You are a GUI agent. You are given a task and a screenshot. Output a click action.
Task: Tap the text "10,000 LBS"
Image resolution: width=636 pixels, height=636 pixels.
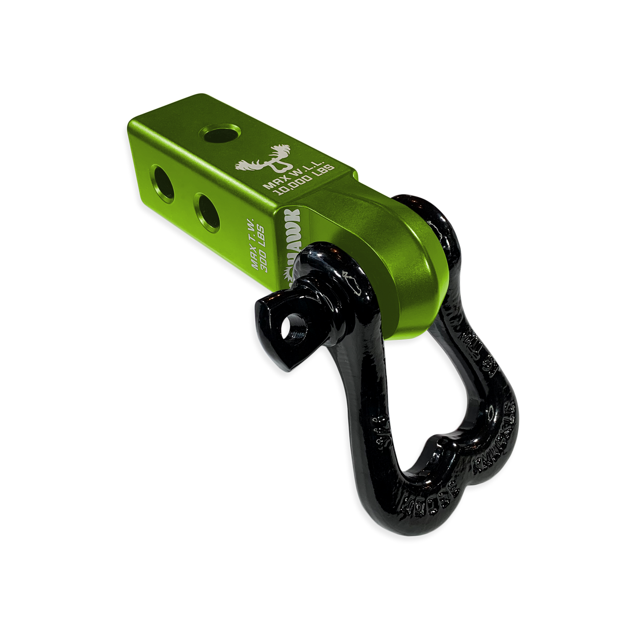[304, 177]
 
